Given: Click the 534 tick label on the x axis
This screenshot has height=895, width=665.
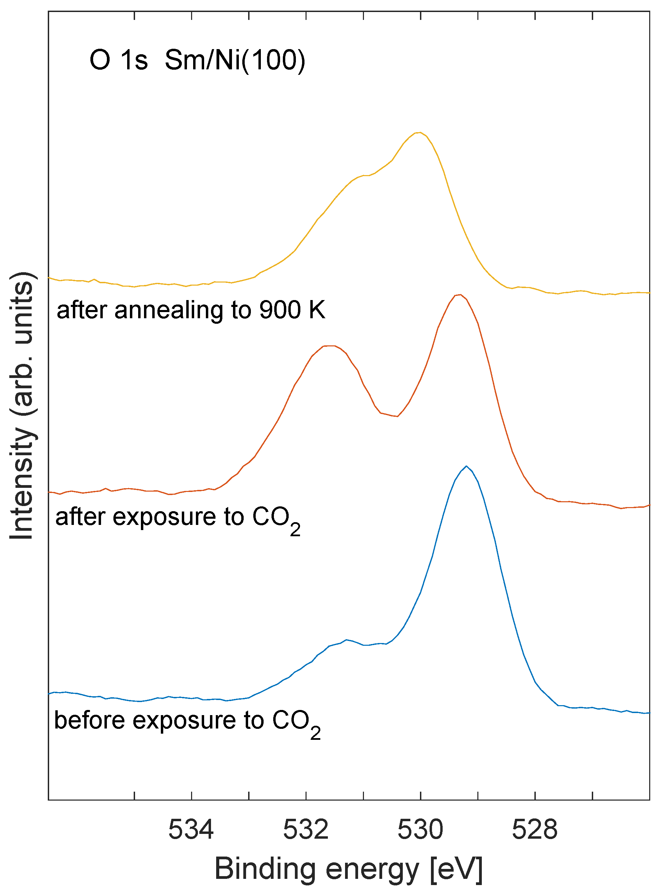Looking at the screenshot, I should (191, 829).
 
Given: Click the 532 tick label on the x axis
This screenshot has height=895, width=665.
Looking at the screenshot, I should (306, 829).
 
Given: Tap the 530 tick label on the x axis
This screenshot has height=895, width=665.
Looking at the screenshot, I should (420, 829).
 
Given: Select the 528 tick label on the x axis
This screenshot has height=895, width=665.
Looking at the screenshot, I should (534, 829).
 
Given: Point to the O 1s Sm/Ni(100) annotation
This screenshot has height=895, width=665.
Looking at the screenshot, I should (197, 60).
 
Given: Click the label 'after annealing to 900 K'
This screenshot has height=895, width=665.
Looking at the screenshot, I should (191, 310).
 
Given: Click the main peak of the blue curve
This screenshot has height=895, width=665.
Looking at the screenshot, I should (466, 467).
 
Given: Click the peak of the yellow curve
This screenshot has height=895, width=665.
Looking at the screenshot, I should (419, 132).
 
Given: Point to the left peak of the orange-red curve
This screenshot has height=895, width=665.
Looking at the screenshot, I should (329, 346).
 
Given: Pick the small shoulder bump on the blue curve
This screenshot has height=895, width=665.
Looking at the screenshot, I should (346, 640).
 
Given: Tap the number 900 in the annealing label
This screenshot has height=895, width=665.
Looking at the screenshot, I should (280, 310).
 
